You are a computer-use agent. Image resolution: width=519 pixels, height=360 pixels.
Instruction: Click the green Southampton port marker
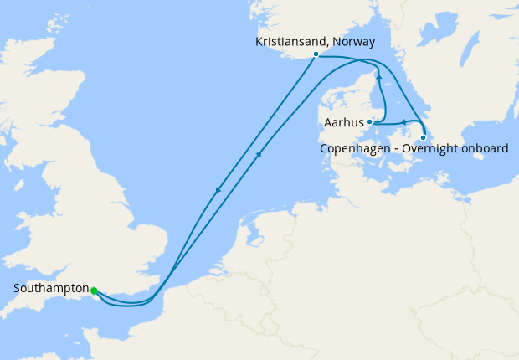point(94,291)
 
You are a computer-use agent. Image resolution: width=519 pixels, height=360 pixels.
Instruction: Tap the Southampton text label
point(51,289)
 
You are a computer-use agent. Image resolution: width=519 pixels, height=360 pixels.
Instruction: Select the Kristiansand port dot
point(316,54)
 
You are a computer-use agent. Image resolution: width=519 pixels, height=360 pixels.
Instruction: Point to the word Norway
point(354,41)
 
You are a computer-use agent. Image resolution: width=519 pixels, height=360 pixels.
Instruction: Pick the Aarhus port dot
point(369,122)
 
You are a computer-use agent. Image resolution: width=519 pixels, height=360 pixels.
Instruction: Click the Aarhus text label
point(343,122)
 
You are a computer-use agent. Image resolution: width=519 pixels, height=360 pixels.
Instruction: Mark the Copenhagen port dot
point(424,137)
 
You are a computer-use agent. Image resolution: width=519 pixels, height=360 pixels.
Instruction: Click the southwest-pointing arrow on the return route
point(218,190)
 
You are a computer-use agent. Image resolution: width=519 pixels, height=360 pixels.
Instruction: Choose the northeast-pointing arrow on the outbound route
point(260,153)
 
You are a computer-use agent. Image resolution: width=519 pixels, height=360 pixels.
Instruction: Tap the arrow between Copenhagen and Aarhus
point(402,122)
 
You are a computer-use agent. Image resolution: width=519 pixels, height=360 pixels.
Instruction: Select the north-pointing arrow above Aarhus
point(378,76)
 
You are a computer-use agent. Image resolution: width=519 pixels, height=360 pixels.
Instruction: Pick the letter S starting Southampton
point(18,289)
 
